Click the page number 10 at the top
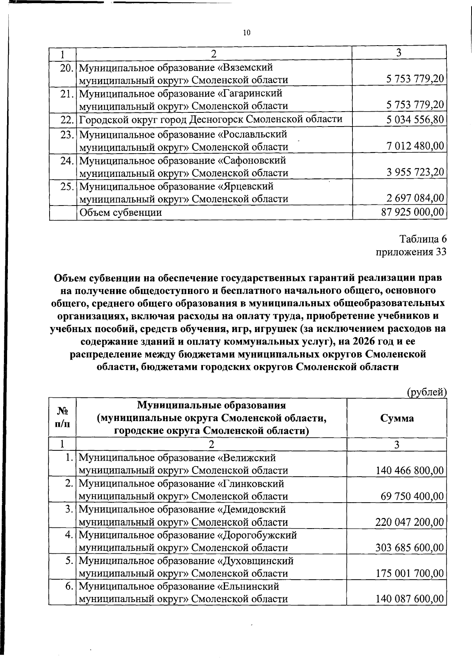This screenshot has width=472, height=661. [x=247, y=33]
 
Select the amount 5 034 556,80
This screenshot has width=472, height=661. [x=415, y=119]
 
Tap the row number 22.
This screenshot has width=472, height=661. [x=67, y=119]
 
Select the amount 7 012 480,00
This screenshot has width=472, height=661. [x=415, y=147]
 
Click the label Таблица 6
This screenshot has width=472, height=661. [x=423, y=239]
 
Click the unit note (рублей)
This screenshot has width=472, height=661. [x=427, y=392]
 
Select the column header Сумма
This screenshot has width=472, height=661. [x=397, y=418]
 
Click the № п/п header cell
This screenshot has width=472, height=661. [x=62, y=418]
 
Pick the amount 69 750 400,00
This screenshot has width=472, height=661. [x=412, y=496]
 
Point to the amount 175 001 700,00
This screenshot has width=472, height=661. [x=410, y=573]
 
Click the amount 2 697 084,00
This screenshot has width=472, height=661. [x=415, y=198]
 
